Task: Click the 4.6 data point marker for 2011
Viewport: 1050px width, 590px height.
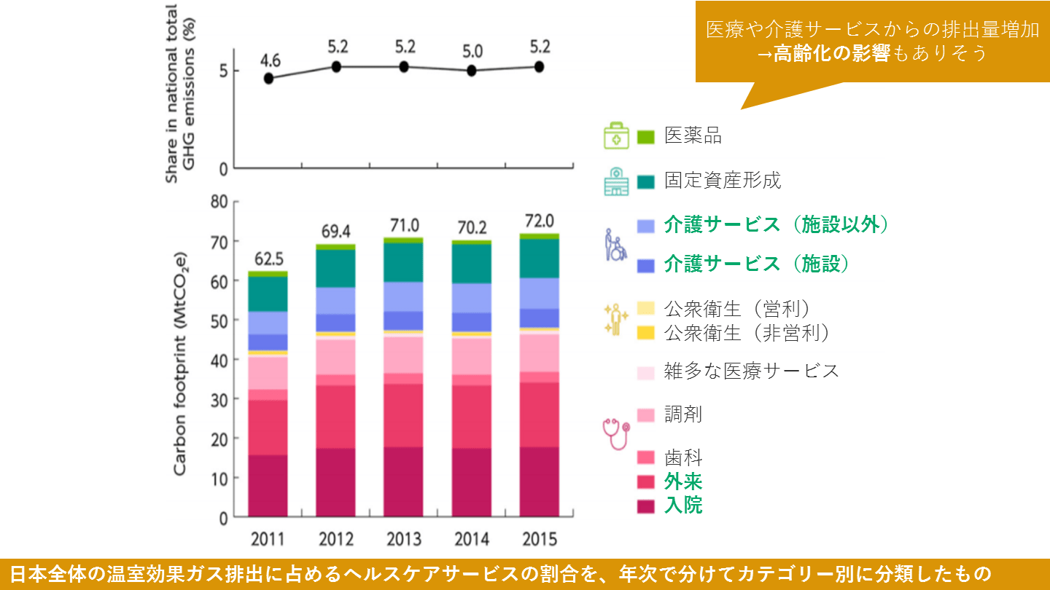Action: pyautogui.click(x=269, y=79)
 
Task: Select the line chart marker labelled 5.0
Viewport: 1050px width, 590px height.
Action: pyautogui.click(x=472, y=71)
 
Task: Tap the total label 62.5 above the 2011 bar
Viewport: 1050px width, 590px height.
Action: pyautogui.click(x=268, y=259)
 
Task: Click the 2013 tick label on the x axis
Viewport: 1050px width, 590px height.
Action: pyautogui.click(x=403, y=540)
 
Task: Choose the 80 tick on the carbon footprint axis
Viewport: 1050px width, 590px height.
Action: pyautogui.click(x=219, y=202)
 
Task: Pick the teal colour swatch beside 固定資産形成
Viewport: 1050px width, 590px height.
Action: pyautogui.click(x=647, y=181)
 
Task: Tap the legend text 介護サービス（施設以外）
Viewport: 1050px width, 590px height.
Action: pyautogui.click(x=777, y=225)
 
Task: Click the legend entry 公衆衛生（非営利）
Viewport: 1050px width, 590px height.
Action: pyautogui.click(x=747, y=334)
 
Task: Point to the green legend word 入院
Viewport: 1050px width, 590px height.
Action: pyautogui.click(x=683, y=505)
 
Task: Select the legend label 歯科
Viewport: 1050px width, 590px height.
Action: pyautogui.click(x=683, y=458)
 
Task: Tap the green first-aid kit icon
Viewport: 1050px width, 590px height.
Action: pyautogui.click(x=615, y=136)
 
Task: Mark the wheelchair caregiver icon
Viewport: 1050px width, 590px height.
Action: pyautogui.click(x=615, y=245)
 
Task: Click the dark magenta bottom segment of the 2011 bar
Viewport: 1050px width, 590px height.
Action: pyautogui.click(x=268, y=485)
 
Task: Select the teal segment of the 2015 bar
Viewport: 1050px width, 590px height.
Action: pyautogui.click(x=540, y=258)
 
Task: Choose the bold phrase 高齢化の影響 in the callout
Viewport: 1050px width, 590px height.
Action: pyautogui.click(x=833, y=53)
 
